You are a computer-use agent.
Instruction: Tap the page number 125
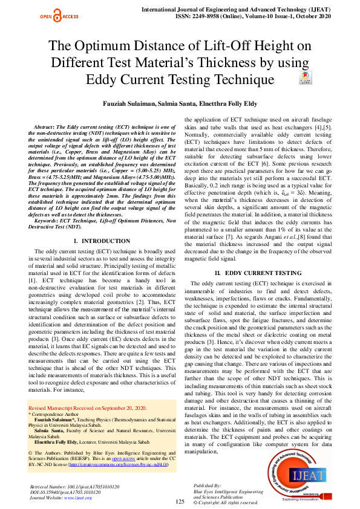pyautogui.click(x=180, y=502)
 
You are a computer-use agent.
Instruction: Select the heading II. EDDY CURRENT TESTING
pyautogui.click(x=258, y=273)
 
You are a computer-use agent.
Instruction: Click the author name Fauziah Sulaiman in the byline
pyautogui.click(x=126, y=103)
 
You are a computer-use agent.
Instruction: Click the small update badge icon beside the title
pyautogui.click(x=306, y=79)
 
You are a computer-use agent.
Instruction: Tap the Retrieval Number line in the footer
pyautogui.click(x=67, y=486)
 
